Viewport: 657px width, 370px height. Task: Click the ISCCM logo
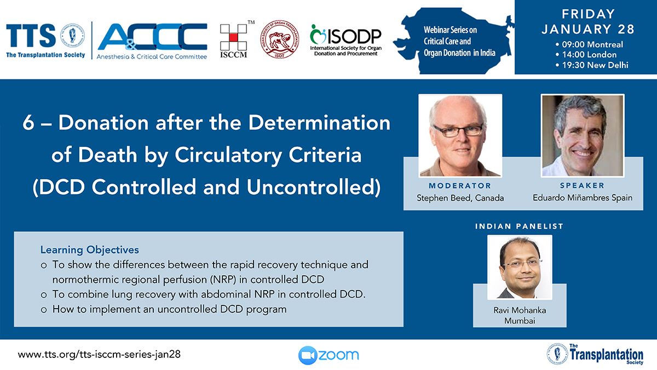(234, 40)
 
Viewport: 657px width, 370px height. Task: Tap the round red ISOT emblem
(280, 39)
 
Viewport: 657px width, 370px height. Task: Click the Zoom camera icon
(308, 355)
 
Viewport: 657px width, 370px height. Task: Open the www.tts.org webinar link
(99, 355)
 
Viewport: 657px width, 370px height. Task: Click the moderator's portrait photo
(460, 136)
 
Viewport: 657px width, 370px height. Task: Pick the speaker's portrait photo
(583, 136)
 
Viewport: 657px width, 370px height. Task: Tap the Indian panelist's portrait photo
(520, 267)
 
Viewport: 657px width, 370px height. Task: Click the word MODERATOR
(460, 186)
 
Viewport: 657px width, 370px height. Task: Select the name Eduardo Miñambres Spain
(583, 198)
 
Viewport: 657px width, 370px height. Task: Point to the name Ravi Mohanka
(520, 310)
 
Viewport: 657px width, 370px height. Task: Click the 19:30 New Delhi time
(595, 65)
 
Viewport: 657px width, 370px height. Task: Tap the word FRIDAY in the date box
(589, 14)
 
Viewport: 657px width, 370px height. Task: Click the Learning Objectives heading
(89, 249)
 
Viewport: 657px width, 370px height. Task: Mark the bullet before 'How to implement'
(44, 310)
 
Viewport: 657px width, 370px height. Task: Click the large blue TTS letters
(31, 36)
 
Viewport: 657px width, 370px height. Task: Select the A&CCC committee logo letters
(153, 37)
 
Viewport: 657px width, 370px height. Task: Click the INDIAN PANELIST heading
(520, 226)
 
